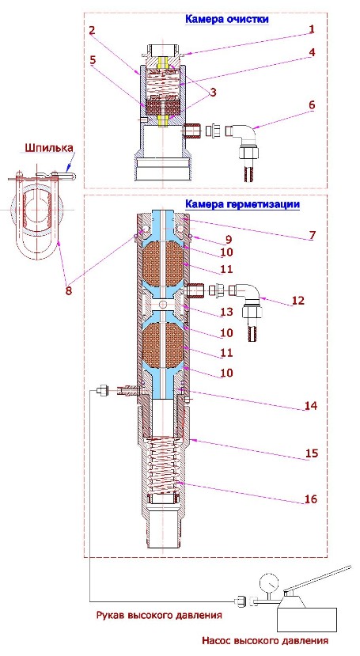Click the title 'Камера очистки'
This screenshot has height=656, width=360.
(226, 19)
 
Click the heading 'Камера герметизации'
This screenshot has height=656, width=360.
(243, 204)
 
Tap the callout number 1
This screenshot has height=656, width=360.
(312, 28)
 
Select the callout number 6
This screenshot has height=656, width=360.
(312, 104)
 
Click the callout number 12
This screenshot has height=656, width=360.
(310, 301)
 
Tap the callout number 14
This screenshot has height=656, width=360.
(310, 405)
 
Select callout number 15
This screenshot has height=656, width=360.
(312, 453)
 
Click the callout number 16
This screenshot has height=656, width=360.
(311, 499)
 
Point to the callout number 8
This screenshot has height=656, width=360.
(68, 290)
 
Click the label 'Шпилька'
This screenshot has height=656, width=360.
(49, 148)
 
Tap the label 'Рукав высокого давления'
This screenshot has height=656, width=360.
(158, 616)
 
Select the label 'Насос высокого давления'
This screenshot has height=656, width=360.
(265, 640)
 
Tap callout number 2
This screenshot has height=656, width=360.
(92, 30)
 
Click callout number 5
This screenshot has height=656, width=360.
(93, 59)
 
